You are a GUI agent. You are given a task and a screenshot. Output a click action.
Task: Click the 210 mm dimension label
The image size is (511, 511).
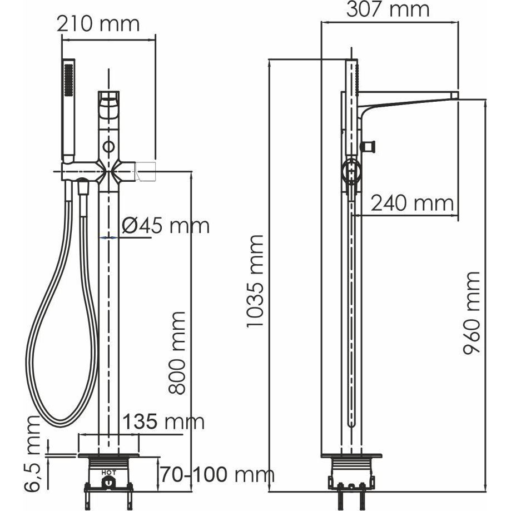point(98,24)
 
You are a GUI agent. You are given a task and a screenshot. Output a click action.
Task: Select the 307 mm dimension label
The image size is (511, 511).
point(388,9)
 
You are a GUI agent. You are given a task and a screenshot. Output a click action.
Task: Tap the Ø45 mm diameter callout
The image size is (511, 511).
point(166,225)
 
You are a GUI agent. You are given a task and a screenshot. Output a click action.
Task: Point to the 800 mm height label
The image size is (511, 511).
point(177,353)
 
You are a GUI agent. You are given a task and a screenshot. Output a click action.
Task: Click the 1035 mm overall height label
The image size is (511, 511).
point(254,281)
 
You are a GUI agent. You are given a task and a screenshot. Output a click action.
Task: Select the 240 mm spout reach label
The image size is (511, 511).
point(412,204)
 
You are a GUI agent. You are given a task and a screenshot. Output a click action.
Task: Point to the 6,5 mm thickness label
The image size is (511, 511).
point(32,453)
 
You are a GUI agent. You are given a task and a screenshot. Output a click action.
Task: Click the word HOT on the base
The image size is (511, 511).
point(108,472)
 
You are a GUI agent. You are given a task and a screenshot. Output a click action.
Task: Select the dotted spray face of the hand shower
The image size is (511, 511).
point(68,80)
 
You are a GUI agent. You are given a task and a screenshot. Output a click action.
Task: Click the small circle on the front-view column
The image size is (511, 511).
point(108,146)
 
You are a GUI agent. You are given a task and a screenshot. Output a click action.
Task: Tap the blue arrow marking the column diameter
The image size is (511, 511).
point(108,238)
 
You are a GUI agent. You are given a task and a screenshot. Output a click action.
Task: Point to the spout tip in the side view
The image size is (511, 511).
point(455,95)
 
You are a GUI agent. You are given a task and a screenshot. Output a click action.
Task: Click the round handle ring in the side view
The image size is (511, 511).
point(351,170)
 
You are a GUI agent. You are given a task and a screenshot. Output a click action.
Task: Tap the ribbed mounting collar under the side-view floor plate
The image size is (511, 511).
point(351,464)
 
